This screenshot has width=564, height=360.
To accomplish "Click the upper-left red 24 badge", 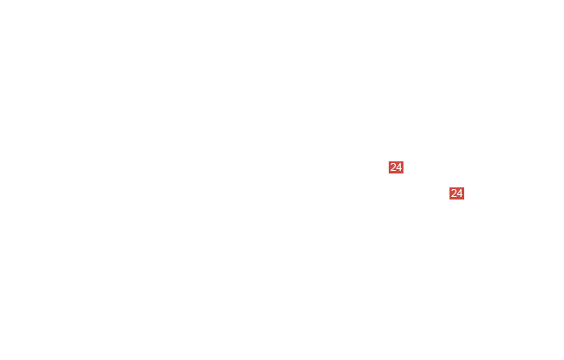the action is [x=396, y=167].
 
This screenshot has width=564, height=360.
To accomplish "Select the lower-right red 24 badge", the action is [x=456, y=193].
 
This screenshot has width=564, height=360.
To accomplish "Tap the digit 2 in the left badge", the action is [x=393, y=167].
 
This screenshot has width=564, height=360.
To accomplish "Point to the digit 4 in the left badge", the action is [x=399, y=167].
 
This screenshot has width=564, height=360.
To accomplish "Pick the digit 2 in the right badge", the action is [x=454, y=193].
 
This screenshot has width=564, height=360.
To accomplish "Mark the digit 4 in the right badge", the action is [x=460, y=193].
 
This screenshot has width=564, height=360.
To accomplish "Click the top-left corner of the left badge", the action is [x=389, y=161].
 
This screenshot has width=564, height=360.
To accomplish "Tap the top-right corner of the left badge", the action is [x=403, y=161].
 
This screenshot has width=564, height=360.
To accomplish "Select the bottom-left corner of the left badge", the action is [x=389, y=173].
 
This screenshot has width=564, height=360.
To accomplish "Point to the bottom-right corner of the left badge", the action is [x=403, y=173].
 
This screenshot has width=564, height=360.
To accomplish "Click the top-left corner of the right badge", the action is [x=449, y=187].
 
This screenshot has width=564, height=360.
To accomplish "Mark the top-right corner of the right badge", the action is [x=464, y=187].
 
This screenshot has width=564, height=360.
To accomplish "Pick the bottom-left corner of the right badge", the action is [x=449, y=200].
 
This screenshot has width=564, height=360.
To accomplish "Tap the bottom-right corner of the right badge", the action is [x=464, y=200].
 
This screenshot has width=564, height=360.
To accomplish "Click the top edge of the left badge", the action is [x=396, y=161].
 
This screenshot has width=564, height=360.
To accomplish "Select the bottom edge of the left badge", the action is [x=396, y=173].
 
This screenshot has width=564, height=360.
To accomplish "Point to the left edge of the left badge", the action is [x=389, y=167].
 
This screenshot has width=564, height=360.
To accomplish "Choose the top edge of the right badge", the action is [x=456, y=187].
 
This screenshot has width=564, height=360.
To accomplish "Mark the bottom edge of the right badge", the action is [x=456, y=200].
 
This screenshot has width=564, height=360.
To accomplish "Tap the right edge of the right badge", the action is [x=464, y=193].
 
